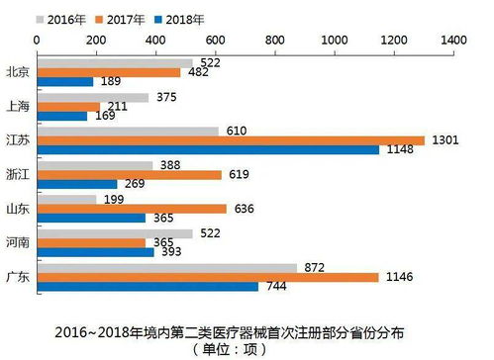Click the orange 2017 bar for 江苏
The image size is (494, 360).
(x=230, y=140)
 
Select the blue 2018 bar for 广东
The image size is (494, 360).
(x=148, y=286)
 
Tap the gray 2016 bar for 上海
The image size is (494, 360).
(x=92, y=97)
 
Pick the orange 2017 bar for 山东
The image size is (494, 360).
(x=131, y=209)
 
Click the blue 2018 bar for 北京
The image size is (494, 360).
(x=64, y=82)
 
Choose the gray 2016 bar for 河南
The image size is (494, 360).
(x=114, y=233)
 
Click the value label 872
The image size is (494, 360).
(x=317, y=268)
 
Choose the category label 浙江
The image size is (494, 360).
(x=18, y=174)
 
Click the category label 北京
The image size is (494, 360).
(x=18, y=72)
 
